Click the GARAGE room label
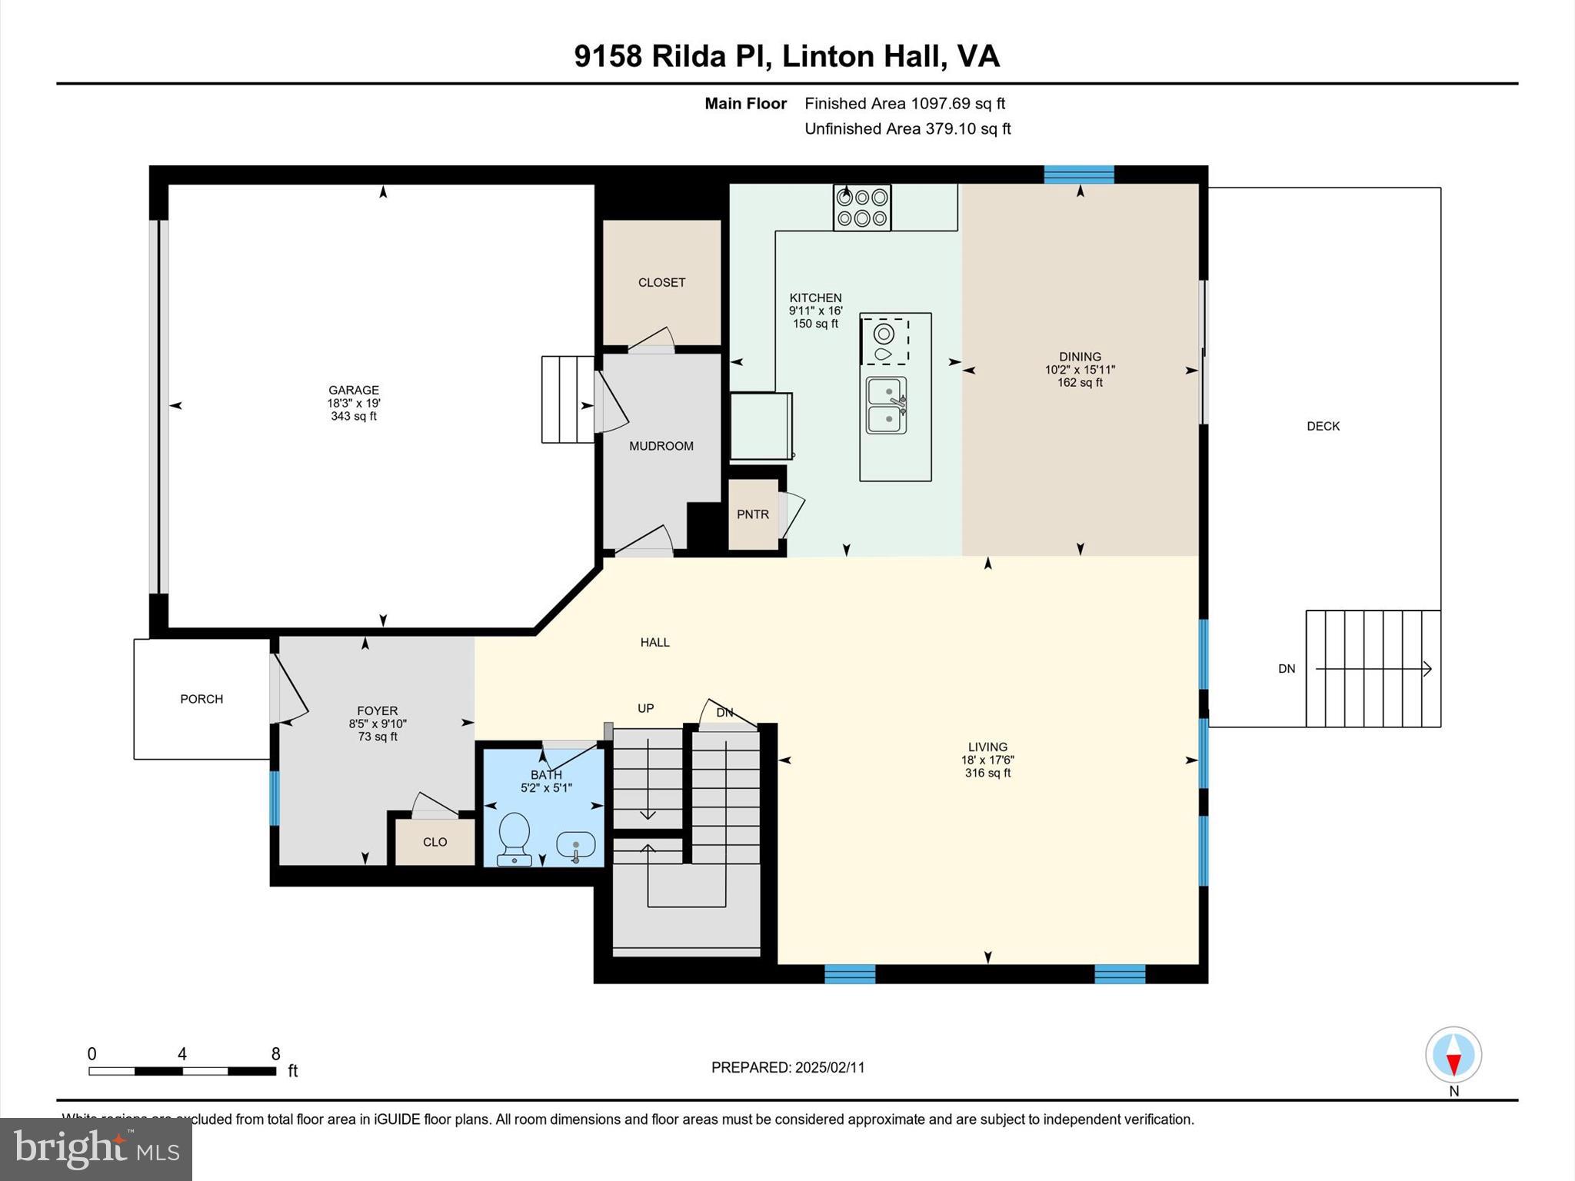point(354,390)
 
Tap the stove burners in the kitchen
point(861,208)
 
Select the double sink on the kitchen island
point(887,406)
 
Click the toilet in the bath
point(514,838)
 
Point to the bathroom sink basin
point(575,846)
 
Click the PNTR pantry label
point(752,514)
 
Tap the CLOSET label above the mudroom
point(661,282)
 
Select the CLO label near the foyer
point(435,842)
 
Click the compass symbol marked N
point(1453,1055)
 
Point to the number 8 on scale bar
point(275,1053)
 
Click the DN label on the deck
point(1287,669)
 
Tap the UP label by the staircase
point(645,708)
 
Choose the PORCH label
point(201,699)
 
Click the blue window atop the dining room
point(1078,175)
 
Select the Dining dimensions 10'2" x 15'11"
point(1080,370)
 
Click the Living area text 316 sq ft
point(987,773)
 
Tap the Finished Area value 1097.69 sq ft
point(957,103)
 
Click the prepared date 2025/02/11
point(830,1067)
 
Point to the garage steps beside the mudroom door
point(568,399)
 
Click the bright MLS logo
point(96,1149)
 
